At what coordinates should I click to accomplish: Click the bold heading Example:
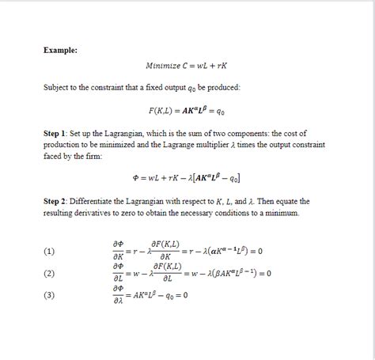point(60,50)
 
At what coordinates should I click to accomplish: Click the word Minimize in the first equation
point(164,66)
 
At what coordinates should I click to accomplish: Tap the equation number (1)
point(50,252)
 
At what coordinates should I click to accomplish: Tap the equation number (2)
point(50,274)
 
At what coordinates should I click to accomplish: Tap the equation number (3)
point(50,296)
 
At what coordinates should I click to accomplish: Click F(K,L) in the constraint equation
point(161,109)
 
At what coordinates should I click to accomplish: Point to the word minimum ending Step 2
point(288,213)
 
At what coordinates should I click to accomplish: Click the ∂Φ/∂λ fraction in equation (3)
point(118,296)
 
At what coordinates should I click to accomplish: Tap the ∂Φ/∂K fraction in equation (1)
point(118,252)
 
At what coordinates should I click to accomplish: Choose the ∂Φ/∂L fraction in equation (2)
point(118,274)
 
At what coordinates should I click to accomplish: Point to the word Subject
point(57,87)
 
